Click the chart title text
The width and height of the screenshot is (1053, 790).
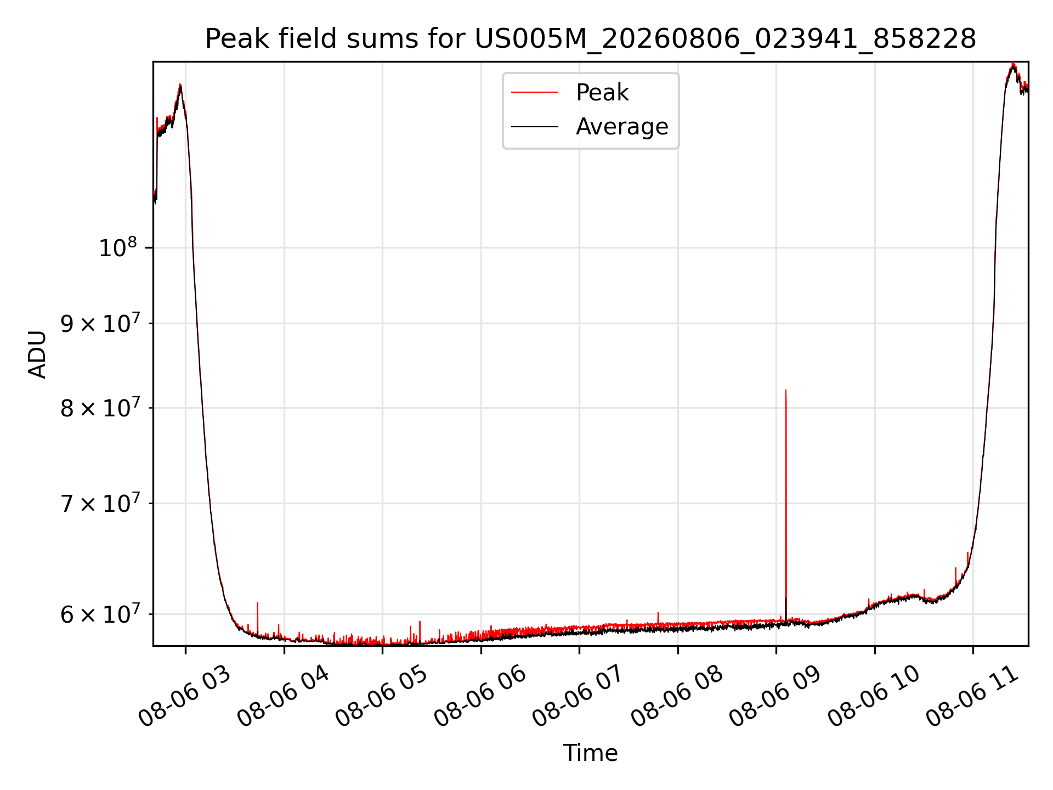pyautogui.click(x=591, y=39)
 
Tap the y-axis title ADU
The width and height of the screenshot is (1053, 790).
pyautogui.click(x=37, y=354)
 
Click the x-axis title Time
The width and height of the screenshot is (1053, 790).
pyautogui.click(x=591, y=753)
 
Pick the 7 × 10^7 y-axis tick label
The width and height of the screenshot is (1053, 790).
pyautogui.click(x=100, y=503)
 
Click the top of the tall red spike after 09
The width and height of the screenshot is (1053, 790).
pyautogui.click(x=786, y=390)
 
